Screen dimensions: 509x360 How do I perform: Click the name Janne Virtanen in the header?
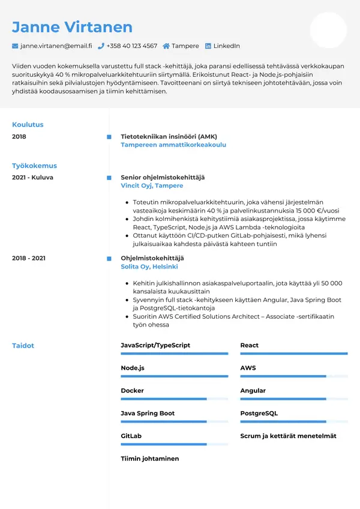tap(72, 27)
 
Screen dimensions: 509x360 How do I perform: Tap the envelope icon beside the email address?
tap(15, 46)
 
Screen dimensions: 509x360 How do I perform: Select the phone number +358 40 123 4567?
tap(131, 46)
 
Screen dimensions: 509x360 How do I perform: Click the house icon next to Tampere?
tap(166, 46)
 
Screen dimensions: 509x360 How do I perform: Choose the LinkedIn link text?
tap(226, 46)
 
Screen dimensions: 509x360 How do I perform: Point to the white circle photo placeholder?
tap(328, 30)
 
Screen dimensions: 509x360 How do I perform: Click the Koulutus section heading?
tap(28, 125)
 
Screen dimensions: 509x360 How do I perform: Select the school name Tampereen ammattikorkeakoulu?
tap(173, 145)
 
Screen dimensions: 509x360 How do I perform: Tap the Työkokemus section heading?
tap(34, 166)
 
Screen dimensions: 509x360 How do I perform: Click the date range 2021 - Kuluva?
tap(32, 178)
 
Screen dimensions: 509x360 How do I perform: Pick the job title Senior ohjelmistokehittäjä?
tap(163, 178)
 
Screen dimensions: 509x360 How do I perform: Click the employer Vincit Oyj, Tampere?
tap(152, 186)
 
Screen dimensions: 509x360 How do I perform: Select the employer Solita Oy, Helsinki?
tap(149, 267)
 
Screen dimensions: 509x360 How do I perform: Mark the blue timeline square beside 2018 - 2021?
tap(109, 258)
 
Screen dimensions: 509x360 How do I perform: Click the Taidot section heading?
tap(23, 346)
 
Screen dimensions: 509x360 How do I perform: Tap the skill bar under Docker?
tap(174, 399)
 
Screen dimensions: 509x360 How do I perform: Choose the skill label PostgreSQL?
tap(259, 414)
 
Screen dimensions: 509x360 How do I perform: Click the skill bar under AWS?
tap(293, 376)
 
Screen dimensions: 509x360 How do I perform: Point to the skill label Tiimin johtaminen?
tap(149, 459)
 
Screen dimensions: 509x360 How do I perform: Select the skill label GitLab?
tap(131, 436)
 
